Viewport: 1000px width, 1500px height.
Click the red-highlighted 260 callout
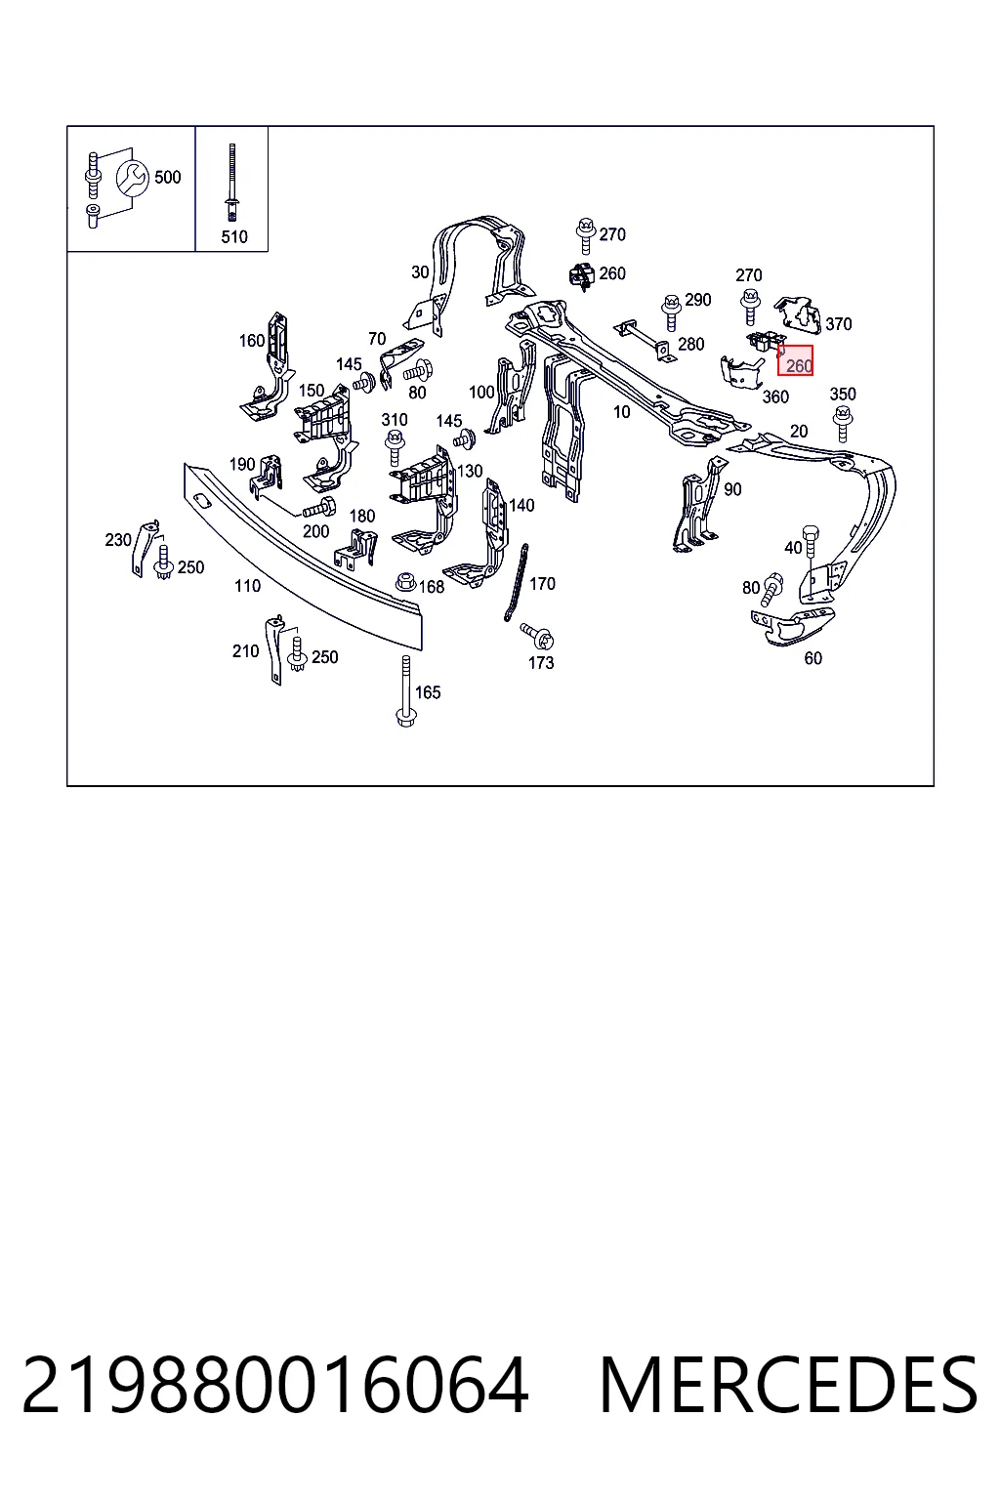[x=795, y=361]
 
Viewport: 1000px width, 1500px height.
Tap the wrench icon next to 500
[x=133, y=178]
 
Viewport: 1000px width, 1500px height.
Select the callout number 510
[x=234, y=237]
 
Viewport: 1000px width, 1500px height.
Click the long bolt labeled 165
[x=405, y=691]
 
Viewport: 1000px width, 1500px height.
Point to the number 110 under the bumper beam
[x=247, y=586]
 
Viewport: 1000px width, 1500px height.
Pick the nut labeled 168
[x=406, y=581]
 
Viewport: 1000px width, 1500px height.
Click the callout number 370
[x=839, y=324]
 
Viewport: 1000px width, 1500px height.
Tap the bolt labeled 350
[x=843, y=424]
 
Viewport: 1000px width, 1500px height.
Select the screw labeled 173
[x=537, y=636]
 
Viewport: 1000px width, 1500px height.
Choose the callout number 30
[x=420, y=272]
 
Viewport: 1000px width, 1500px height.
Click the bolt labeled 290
[x=671, y=312]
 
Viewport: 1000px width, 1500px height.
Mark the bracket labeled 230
[x=143, y=548]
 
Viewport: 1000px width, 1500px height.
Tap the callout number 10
[x=621, y=412]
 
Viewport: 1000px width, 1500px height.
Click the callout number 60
[x=813, y=659]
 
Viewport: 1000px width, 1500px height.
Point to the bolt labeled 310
[x=394, y=448]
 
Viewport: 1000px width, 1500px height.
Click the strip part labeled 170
[x=516, y=583]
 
